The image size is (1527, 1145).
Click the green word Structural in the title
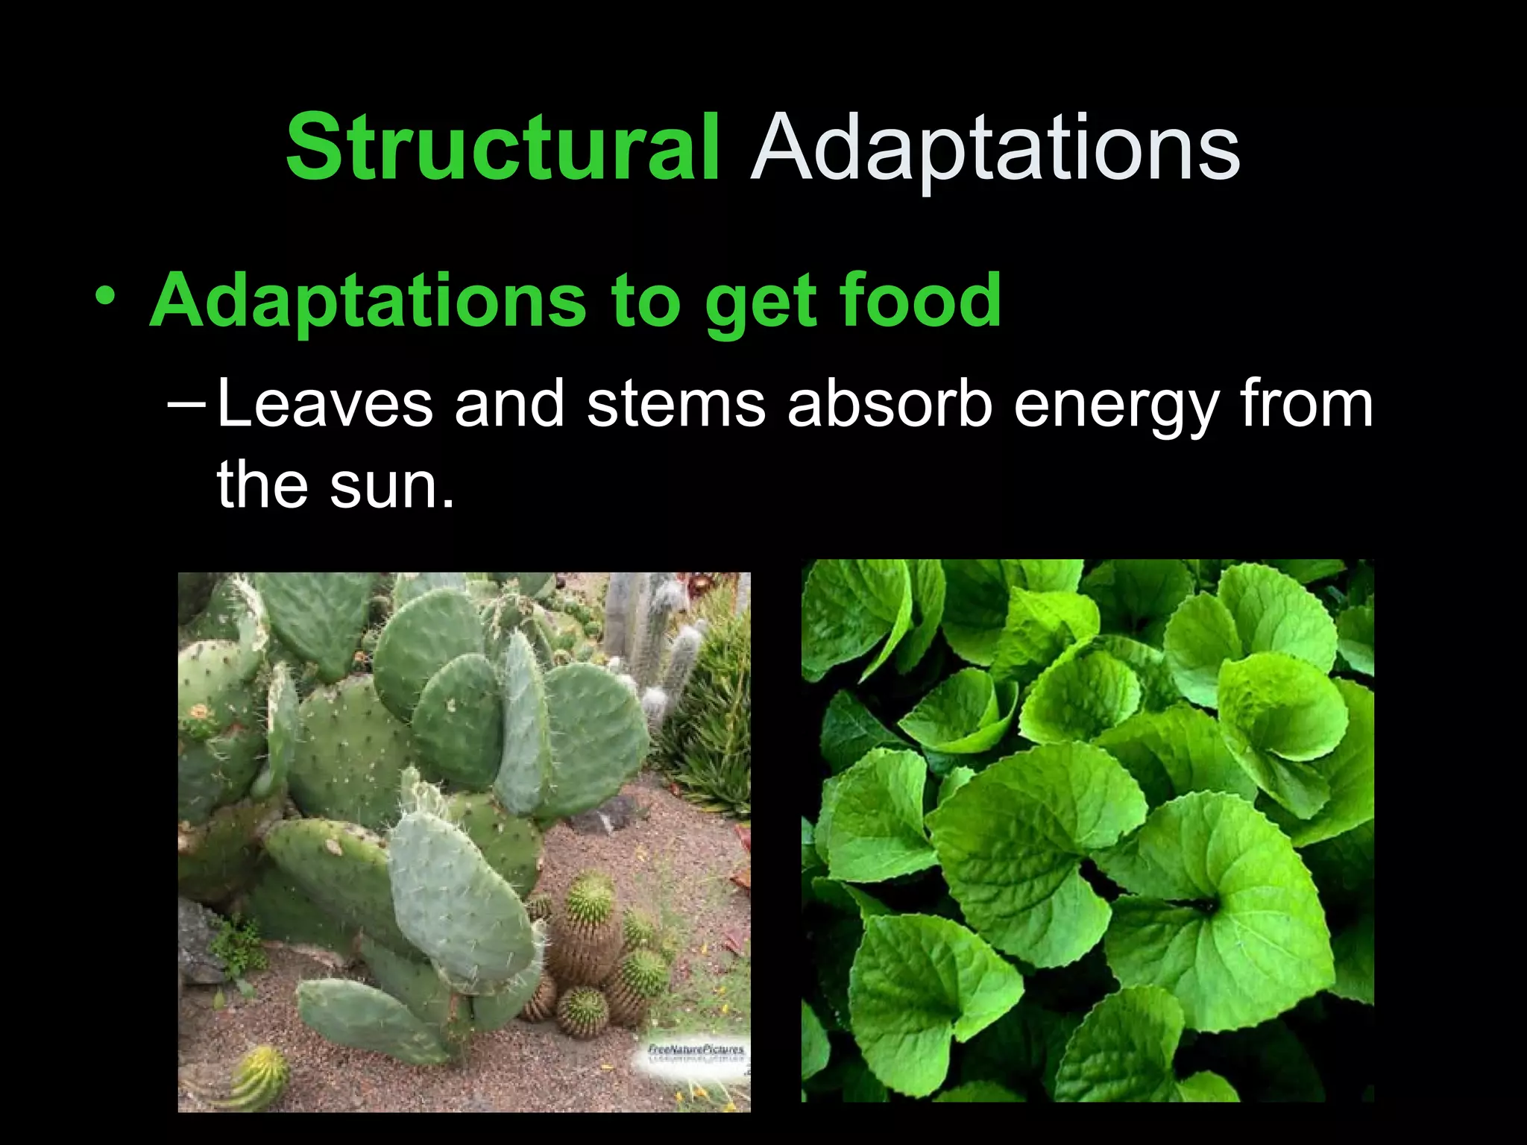[503, 148]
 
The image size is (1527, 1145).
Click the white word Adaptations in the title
[995, 148]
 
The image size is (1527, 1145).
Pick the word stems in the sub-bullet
[676, 404]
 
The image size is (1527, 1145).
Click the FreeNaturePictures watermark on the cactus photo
[696, 1051]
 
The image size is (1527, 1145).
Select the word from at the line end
[1306, 404]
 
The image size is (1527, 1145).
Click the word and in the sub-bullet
[509, 404]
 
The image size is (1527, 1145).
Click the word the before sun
[262, 485]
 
